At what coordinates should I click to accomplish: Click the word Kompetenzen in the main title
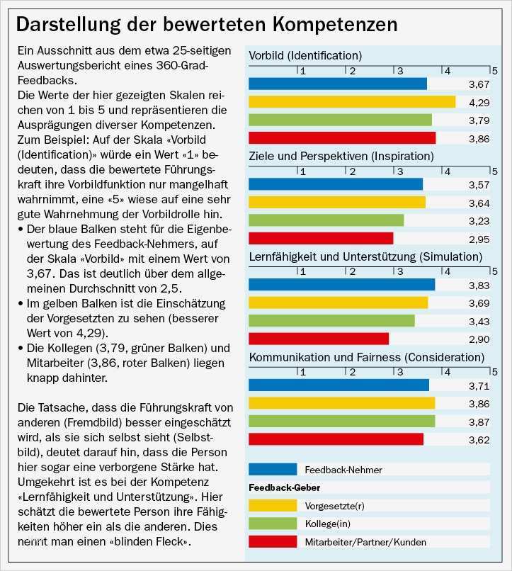[336, 25]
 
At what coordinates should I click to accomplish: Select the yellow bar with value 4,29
[352, 102]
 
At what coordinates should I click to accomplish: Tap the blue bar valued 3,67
[338, 84]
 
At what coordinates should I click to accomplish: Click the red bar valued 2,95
[321, 239]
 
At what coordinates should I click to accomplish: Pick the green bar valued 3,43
[331, 321]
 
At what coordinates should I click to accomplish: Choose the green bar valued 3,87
[342, 422]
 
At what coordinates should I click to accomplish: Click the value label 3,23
[479, 221]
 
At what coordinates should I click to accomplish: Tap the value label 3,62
[479, 440]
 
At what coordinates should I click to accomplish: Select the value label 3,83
[479, 285]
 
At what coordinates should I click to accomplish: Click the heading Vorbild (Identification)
[305, 55]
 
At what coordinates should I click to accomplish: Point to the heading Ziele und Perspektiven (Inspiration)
[341, 156]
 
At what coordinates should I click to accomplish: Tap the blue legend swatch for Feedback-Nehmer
[273, 469]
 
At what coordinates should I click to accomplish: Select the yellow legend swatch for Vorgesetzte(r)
[273, 505]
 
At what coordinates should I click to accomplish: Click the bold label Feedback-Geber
[285, 487]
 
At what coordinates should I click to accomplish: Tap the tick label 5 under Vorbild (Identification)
[494, 70]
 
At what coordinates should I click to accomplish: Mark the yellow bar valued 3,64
[337, 202]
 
